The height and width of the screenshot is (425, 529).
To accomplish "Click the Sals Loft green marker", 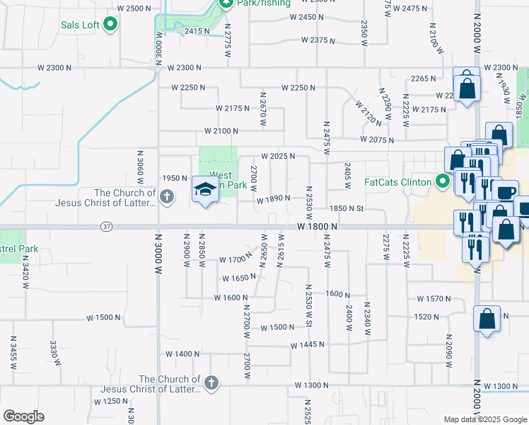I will coord(110,25).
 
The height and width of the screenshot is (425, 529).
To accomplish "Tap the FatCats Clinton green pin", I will coord(443,182).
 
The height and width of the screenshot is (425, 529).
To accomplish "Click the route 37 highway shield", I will coord(106,227).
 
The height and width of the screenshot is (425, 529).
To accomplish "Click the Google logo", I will coord(23,416).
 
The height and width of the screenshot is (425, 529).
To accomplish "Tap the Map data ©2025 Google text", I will coord(485,419).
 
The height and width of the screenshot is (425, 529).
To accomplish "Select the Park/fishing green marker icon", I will coord(226,4).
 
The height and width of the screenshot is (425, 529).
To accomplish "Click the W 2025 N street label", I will coord(277,156).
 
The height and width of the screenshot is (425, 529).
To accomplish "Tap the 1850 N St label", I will coord(346,209).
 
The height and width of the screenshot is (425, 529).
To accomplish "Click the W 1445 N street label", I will coord(307,345).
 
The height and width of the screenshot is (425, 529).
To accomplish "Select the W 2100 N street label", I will coord(222,131).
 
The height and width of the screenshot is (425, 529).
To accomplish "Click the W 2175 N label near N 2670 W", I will coord(233,108).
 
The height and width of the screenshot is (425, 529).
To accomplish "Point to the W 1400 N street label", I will coord(183,353).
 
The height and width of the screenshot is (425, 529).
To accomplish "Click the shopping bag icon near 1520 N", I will coord(487,319).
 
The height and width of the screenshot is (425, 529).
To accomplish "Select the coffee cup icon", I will coord(505,192).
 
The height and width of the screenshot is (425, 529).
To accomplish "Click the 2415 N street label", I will coord(197,31).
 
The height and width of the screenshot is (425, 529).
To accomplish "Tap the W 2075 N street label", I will coord(376,140).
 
